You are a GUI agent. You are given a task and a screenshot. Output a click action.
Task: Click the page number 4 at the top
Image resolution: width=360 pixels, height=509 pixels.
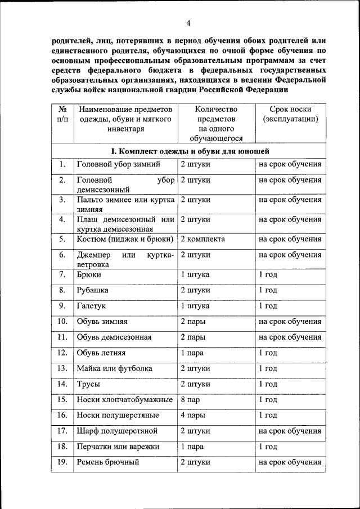coord(188,23)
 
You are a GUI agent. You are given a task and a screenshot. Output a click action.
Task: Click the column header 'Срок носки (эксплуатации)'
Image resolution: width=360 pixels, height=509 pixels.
coord(290,114)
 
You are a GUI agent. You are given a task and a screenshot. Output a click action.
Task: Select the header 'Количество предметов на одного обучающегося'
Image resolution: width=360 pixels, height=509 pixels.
coord(216,124)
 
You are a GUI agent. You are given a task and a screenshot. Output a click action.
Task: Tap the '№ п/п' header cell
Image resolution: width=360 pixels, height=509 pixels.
coord(64,114)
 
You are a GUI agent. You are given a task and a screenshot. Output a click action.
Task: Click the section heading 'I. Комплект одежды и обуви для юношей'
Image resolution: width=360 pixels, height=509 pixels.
coord(190,151)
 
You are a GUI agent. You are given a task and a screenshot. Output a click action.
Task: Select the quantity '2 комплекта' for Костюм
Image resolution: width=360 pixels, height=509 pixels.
coord(202,239)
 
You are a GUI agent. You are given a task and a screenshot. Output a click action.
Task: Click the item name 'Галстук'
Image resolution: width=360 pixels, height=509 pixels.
coord(91,306)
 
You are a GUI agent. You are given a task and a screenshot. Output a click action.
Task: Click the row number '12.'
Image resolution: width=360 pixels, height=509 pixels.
coord(62,353)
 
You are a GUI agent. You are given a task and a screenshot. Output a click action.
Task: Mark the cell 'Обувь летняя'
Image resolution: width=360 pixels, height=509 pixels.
coord(101,353)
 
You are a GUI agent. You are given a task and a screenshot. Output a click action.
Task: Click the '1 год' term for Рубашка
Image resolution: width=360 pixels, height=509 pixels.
coord(268,291)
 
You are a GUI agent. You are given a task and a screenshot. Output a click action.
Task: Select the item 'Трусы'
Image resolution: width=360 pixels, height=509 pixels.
coord(88,384)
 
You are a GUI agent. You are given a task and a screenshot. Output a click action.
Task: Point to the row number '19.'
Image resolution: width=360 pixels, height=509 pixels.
coord(62,462)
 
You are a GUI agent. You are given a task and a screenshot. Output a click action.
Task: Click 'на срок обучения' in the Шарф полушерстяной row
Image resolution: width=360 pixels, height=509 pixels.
coord(290,431)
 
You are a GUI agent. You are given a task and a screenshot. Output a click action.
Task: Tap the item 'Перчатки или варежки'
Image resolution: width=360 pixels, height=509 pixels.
coord(118,447)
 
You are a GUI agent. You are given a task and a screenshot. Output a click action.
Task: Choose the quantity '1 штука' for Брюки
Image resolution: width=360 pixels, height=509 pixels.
coord(195,275)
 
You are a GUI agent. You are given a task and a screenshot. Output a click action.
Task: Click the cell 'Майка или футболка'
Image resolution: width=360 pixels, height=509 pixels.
coord(114,369)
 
